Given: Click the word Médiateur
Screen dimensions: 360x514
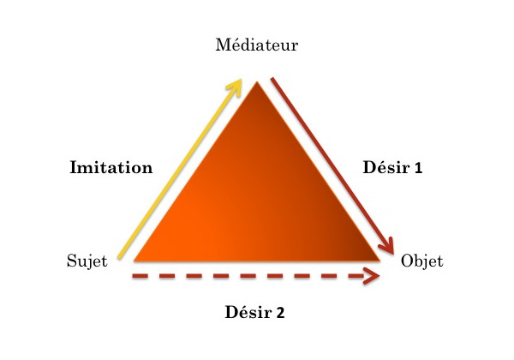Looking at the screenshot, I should pos(257,45).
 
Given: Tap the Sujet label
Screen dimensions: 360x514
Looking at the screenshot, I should pos(87,261).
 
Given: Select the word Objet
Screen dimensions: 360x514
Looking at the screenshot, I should pos(421,261).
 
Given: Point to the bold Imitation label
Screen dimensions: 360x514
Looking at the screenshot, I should pos(111,168).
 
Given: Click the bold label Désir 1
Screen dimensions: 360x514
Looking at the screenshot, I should pos(391,168).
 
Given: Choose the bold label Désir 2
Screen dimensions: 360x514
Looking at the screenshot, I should pos(254,312).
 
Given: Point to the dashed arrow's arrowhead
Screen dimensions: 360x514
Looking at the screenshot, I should pos(373,276).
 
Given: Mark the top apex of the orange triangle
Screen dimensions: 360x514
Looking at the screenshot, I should pos(256,83).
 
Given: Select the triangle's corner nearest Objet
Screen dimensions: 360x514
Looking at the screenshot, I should pos(379,260).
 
